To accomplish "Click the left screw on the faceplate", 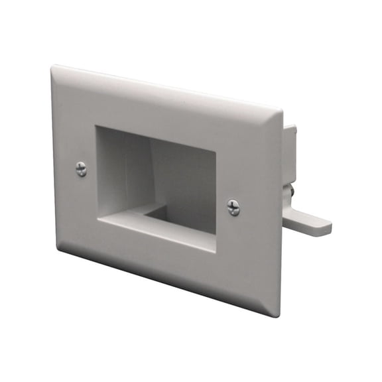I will (x=81, y=169).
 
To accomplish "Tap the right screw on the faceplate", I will (x=233, y=207).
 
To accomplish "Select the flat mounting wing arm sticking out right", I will (x=308, y=221).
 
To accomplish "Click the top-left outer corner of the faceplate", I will (x=53, y=66).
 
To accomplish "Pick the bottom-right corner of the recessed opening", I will (x=216, y=251).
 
